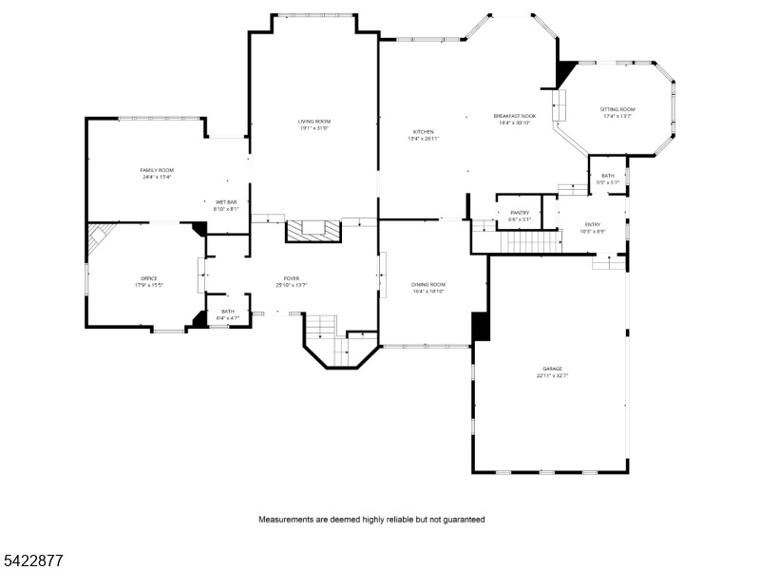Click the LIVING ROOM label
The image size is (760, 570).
313,122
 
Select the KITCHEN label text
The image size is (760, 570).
423,132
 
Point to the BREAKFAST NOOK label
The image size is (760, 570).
514,116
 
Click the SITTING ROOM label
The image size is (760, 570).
617,109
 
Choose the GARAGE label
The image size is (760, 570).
552,369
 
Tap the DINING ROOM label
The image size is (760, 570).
428,284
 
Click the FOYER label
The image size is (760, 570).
291,278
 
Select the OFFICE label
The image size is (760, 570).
149,278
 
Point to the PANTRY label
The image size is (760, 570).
520,213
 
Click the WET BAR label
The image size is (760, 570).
225,202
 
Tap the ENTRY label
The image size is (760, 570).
592,224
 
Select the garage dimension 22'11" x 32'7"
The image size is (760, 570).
552,376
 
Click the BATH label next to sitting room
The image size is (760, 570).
608,176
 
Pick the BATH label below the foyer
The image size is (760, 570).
228,312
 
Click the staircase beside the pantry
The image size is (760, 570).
531,241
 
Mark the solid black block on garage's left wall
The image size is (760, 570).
481,326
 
